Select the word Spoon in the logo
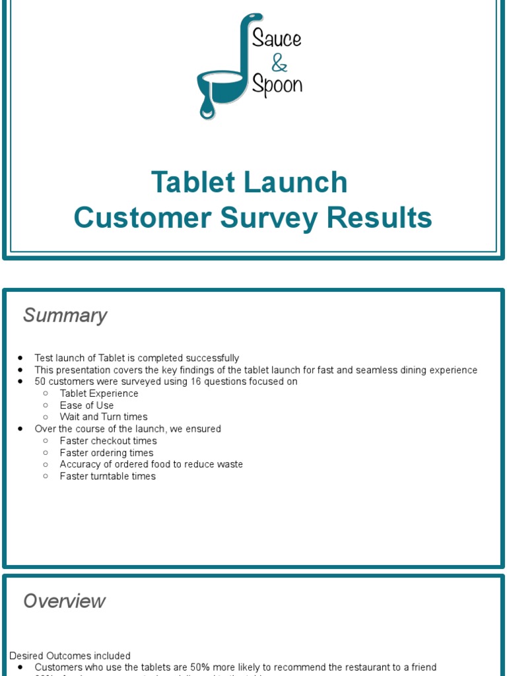(x=278, y=86)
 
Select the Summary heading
(x=65, y=316)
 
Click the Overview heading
(x=64, y=601)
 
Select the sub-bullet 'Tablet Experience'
(x=99, y=393)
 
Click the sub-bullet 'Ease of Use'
(x=86, y=405)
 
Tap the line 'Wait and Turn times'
(x=104, y=417)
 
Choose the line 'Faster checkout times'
(x=108, y=441)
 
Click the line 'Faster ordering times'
(x=106, y=453)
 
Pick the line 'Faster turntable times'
(x=108, y=476)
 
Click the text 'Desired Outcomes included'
(x=70, y=656)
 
